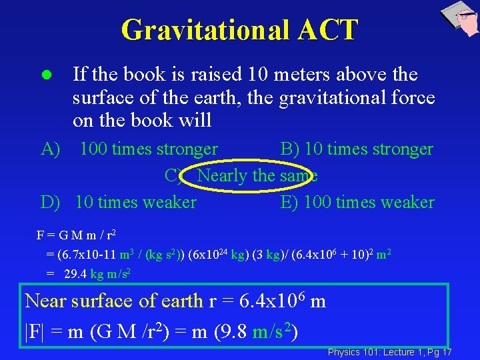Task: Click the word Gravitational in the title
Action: tap(204, 30)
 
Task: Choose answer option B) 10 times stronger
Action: tap(357, 149)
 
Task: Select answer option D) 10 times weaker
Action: tap(119, 202)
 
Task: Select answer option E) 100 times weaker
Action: tap(357, 202)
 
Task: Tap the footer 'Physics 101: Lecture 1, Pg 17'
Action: tap(389, 351)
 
